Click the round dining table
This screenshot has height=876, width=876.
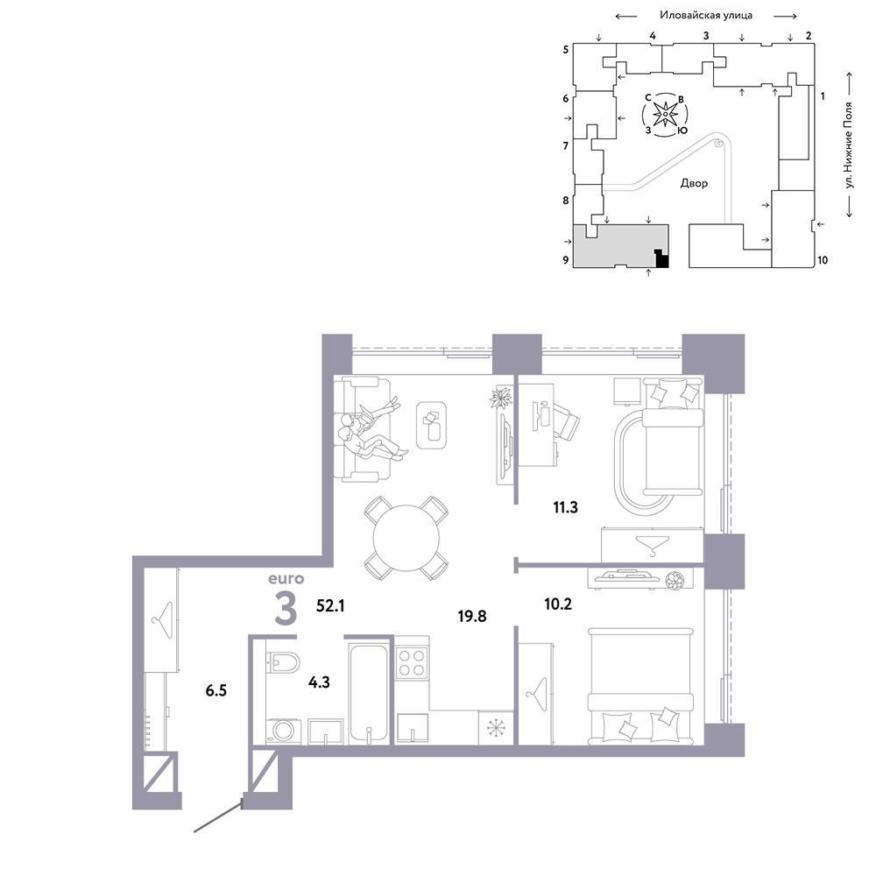click(406, 538)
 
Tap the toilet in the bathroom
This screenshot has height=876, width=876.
click(283, 662)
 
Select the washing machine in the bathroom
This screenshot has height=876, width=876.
click(284, 731)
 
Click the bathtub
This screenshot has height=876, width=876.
click(368, 694)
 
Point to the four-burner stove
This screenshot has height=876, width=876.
click(412, 662)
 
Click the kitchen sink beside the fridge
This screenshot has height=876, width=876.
click(413, 728)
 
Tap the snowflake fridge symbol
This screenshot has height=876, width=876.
click(496, 727)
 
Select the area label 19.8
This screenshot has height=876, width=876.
click(472, 616)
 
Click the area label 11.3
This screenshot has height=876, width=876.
click(565, 507)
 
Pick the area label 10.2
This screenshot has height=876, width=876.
click(558, 604)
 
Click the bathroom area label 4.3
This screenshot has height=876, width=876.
click(319, 682)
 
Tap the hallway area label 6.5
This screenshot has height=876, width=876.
click(216, 690)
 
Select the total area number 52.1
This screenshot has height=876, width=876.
click(330, 605)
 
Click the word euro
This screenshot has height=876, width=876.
click(286, 579)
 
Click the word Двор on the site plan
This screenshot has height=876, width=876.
click(694, 183)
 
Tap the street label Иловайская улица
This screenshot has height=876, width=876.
click(706, 16)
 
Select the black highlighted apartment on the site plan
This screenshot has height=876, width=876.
click(661, 258)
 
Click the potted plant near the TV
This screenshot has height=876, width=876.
click(500, 398)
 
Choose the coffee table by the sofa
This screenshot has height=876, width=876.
click(431, 425)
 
